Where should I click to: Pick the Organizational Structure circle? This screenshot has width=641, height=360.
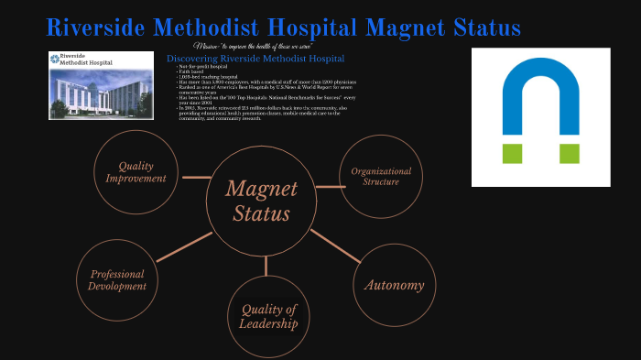(381, 177)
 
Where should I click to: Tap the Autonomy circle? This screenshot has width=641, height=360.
(394, 285)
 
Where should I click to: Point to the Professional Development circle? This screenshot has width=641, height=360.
(117, 280)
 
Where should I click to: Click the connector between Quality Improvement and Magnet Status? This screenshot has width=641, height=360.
(196, 177)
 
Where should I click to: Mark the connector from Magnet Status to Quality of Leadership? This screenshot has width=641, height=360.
(266, 266)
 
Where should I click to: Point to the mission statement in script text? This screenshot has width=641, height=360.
(254, 47)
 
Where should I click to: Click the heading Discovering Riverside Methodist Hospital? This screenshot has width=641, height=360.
(255, 59)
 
